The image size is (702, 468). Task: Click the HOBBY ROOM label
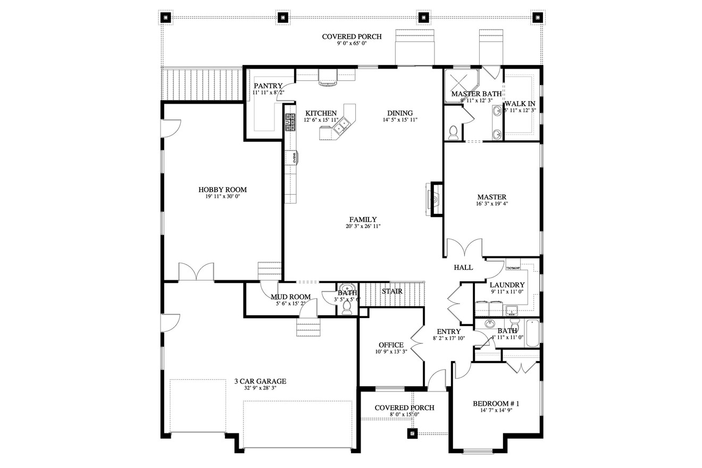coord(222,189)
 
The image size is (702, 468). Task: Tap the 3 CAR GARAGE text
coord(261,381)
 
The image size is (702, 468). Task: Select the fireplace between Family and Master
coord(434,199)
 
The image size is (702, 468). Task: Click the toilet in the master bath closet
coord(453,132)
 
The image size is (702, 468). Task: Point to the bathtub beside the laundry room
coord(532,333)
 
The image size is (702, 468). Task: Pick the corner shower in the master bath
coord(460,81)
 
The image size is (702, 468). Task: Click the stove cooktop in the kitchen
coord(290,122)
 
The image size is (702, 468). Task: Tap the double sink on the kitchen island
coord(341,123)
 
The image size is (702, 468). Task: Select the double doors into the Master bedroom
coord(464,249)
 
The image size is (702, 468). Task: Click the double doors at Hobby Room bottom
coord(196,272)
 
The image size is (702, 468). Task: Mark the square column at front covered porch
coord(412,433)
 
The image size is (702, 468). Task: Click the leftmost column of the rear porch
coord(165,17)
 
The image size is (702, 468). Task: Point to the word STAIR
coord(392,291)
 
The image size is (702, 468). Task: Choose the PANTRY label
coord(268,86)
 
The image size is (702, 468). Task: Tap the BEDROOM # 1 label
coord(496,404)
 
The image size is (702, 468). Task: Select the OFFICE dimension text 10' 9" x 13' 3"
coord(391,352)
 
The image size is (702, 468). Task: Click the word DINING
coord(400,113)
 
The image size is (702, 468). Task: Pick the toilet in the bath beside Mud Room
coord(347,308)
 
